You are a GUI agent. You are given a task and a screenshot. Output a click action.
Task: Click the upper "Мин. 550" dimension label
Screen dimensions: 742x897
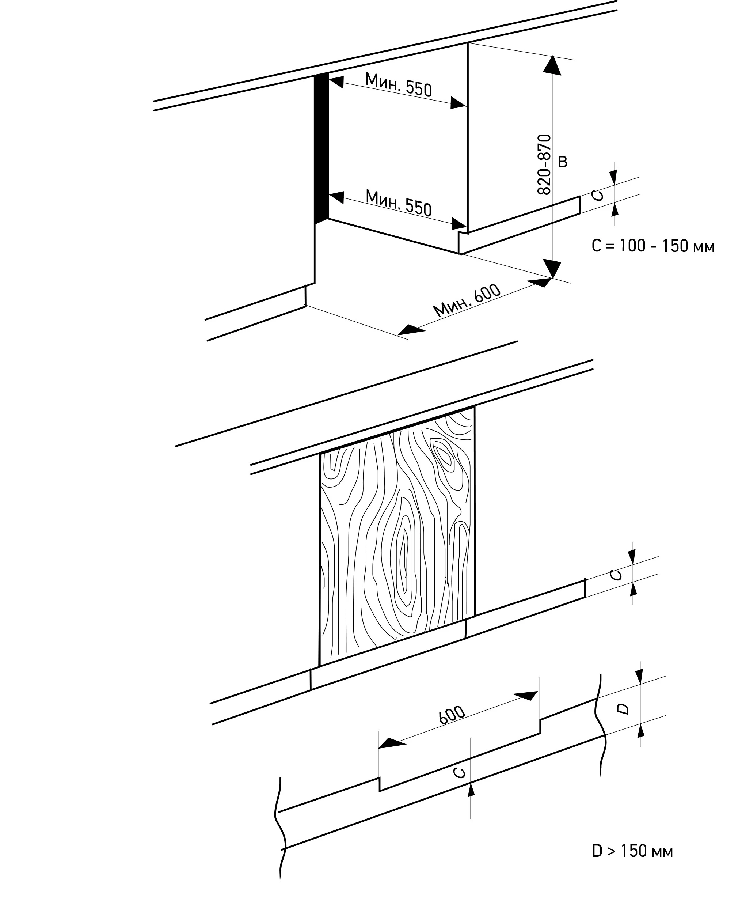398,84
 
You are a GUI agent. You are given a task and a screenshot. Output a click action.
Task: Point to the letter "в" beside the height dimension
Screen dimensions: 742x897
563,162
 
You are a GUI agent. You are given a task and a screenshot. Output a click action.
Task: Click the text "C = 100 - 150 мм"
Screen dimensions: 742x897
653,246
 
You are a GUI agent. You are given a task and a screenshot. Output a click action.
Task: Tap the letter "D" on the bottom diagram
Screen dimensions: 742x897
624,709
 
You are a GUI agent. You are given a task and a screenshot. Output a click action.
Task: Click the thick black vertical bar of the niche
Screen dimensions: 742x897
321,149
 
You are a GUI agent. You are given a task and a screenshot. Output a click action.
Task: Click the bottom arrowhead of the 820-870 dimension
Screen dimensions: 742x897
552,268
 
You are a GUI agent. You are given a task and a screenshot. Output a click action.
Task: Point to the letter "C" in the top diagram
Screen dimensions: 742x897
598,195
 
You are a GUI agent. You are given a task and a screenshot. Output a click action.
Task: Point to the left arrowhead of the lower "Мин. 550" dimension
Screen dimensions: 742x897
336,197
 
